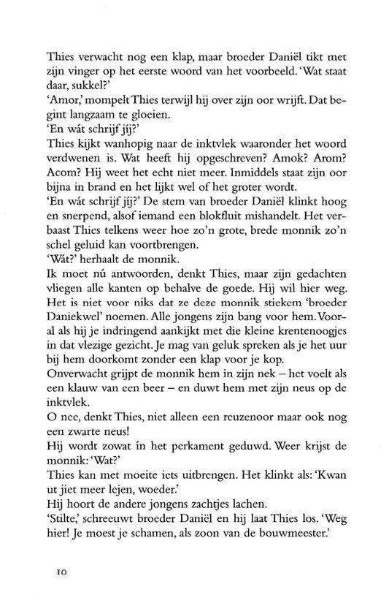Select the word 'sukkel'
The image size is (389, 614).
click(85, 79)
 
